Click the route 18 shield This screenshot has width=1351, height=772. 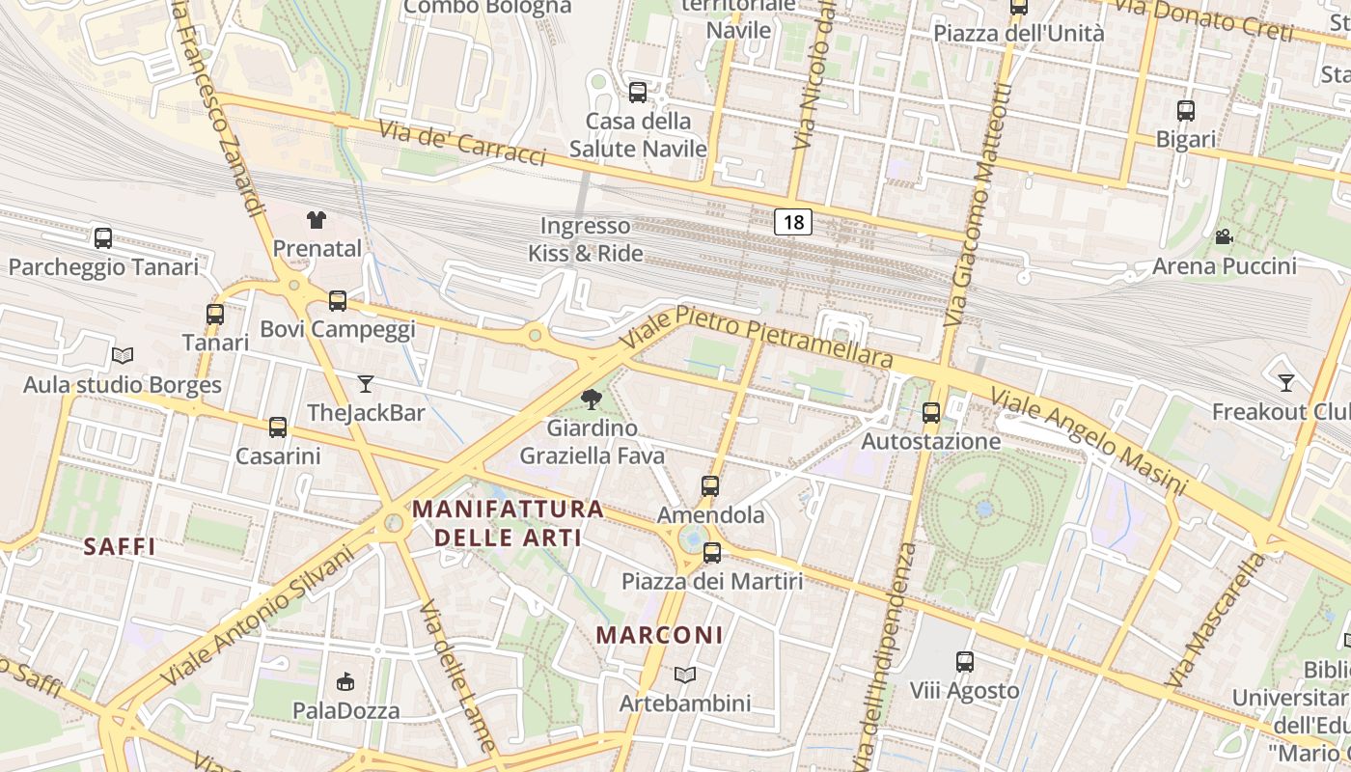point(793,223)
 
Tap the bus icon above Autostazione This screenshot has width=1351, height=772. point(931,412)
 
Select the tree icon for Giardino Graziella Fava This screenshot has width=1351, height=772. point(592,399)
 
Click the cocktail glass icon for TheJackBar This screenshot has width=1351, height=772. point(366,384)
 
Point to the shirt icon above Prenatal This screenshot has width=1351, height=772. point(317,220)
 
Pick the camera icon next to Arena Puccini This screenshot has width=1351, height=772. point(1224,236)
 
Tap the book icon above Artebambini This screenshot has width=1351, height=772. point(685,675)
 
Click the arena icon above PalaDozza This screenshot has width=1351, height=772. point(345,682)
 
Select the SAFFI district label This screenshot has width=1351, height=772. point(120,547)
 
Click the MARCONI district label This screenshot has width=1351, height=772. point(659,635)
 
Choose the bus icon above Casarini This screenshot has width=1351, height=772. point(278,427)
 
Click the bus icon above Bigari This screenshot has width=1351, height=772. point(1186,111)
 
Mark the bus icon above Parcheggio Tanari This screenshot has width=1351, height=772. point(103,237)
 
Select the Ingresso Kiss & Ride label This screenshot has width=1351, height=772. point(585,240)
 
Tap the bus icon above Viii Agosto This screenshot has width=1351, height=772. point(965,662)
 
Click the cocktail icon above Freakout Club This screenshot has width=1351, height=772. point(1285,383)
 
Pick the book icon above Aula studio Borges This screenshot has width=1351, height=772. point(123,356)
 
